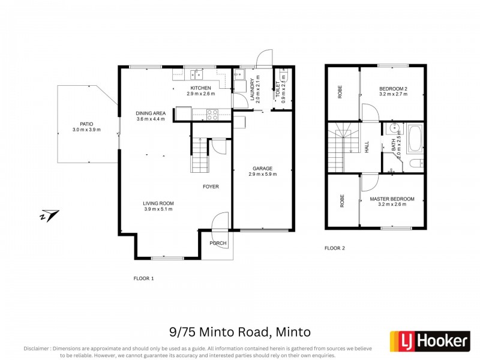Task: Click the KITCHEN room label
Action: [200, 88]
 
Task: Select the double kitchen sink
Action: [196, 75]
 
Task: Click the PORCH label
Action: [217, 243]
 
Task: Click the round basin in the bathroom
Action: [394, 128]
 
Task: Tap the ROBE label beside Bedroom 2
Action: [340, 92]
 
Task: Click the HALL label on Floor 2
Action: [367, 147]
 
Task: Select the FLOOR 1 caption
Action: [143, 278]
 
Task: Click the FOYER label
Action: [211, 187]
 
